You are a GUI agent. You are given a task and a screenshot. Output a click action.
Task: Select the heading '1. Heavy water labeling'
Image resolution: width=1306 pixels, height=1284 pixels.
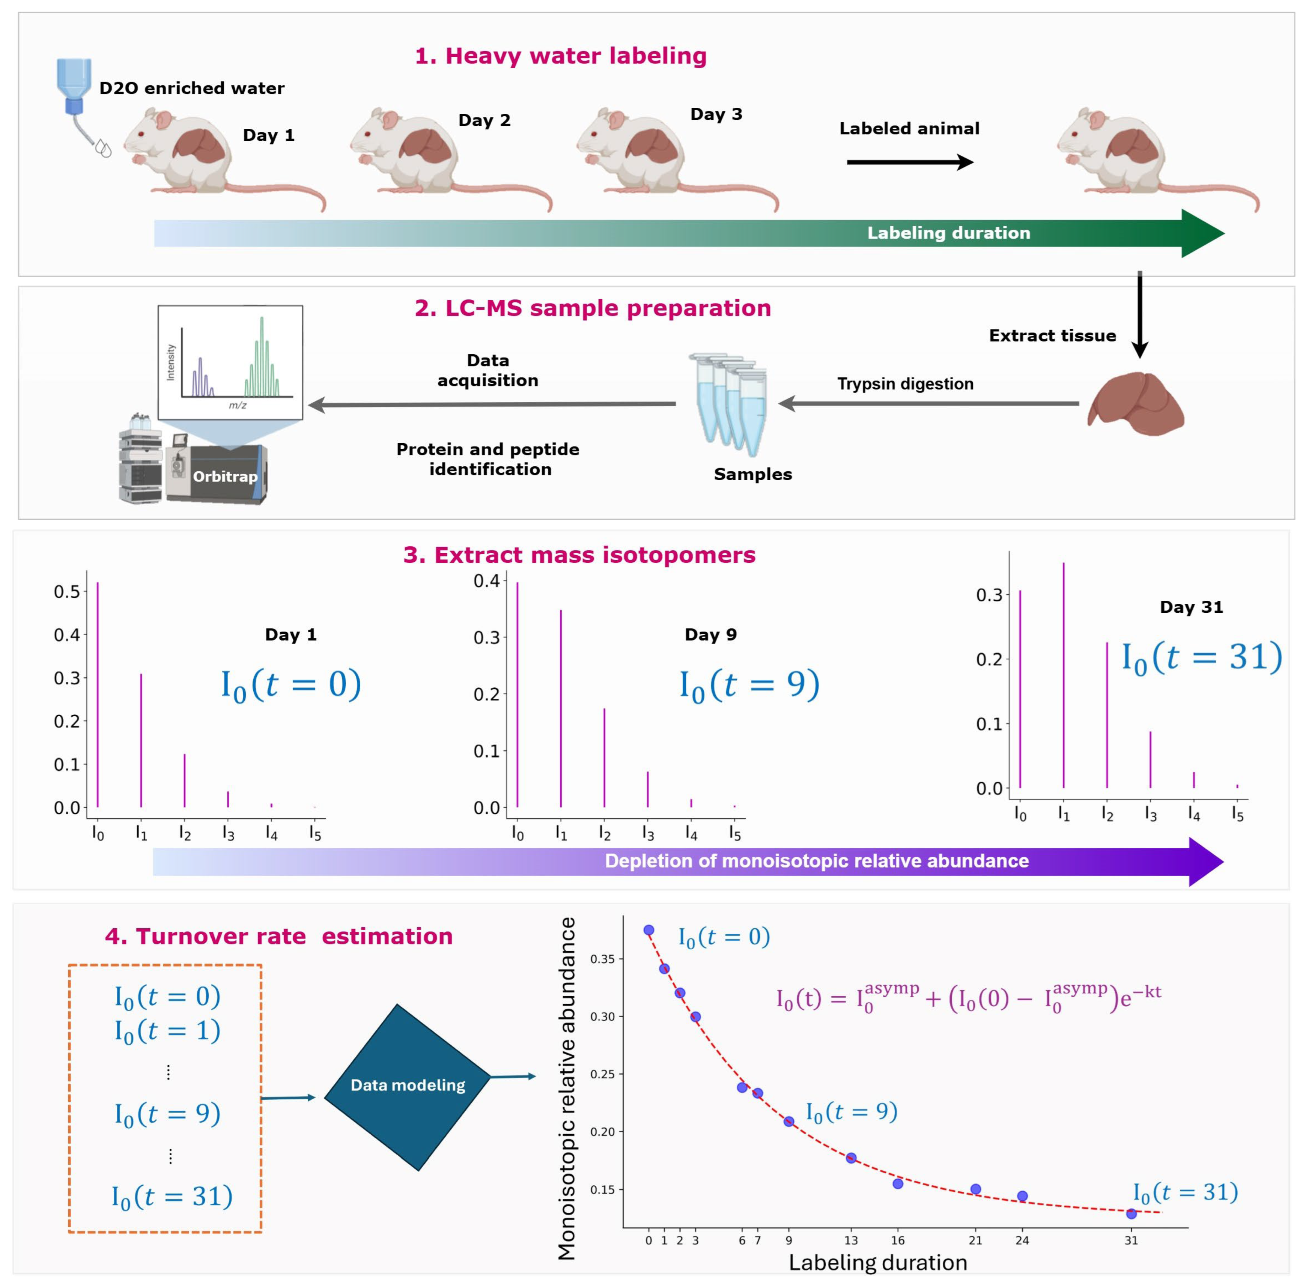[561, 56]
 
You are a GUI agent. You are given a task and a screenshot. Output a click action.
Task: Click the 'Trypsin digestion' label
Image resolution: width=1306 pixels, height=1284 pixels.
[905, 384]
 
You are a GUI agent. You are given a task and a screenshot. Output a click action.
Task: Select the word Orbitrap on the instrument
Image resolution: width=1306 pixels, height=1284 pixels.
[225, 477]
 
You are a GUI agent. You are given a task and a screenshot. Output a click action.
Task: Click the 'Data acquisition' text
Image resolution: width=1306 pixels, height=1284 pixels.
[488, 370]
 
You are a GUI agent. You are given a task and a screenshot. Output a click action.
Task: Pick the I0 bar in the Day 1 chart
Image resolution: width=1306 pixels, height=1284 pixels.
[98, 695]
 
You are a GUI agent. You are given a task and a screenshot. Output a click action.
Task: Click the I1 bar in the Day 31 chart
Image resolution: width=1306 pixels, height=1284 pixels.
[1064, 674]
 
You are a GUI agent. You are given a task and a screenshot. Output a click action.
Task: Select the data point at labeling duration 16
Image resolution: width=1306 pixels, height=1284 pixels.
[898, 1183]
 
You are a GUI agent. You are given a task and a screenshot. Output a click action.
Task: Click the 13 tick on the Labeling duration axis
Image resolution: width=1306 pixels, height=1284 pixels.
[851, 1239]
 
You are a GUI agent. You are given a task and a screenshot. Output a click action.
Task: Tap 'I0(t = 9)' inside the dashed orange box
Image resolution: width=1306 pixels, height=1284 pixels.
[167, 1114]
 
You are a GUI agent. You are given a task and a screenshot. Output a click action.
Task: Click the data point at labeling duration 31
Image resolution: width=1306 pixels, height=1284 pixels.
[1131, 1214]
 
